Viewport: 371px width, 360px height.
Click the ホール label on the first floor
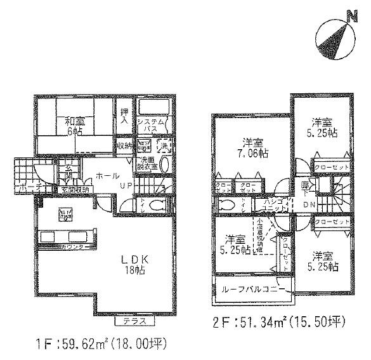tap(104, 174)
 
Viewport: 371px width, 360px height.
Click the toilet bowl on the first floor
tap(159, 204)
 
